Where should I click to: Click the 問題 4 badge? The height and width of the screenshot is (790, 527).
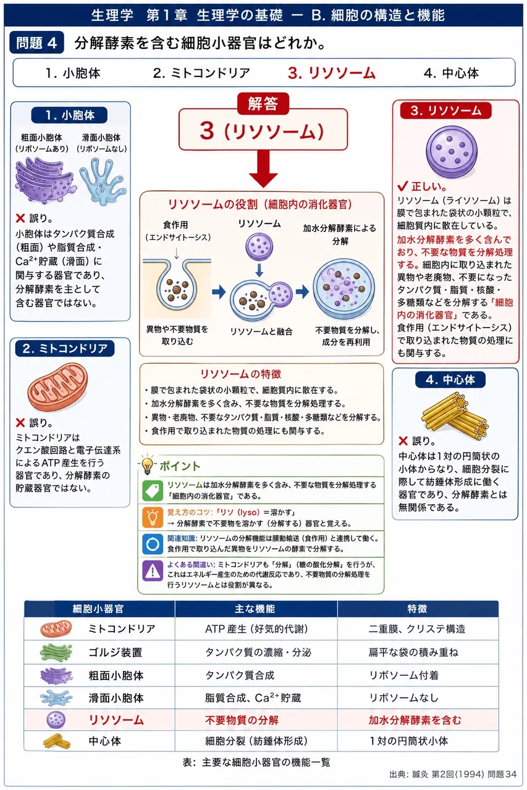tap(36, 43)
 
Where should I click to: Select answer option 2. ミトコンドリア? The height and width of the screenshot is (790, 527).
tap(201, 73)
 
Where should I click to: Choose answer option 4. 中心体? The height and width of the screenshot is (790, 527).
tap(451, 73)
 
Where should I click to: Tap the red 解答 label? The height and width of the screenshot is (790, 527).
tap(263, 103)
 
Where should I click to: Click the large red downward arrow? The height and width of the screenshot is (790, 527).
tap(263, 168)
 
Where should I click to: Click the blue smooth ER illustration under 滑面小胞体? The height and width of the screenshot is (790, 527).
tap(103, 181)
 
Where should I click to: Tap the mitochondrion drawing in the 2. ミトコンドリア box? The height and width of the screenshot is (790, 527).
tap(57, 387)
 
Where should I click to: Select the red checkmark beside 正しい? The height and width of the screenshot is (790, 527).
tap(403, 186)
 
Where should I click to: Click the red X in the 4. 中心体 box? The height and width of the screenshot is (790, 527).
tap(403, 441)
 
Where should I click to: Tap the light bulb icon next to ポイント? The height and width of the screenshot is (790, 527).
tap(147, 464)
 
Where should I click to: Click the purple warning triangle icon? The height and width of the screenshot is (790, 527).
tap(153, 571)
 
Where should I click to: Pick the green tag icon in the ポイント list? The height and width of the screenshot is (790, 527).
tap(153, 491)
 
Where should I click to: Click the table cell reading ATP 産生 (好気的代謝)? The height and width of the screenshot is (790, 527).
tap(256, 629)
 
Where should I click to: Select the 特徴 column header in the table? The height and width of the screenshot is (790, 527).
tap(418, 609)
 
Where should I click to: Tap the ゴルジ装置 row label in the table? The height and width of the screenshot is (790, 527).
tap(116, 652)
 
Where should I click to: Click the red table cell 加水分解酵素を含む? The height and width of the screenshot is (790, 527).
tap(415, 720)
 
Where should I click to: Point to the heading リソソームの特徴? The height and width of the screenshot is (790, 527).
tap(241, 374)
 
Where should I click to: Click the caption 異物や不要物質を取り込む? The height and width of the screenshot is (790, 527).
tap(177, 335)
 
